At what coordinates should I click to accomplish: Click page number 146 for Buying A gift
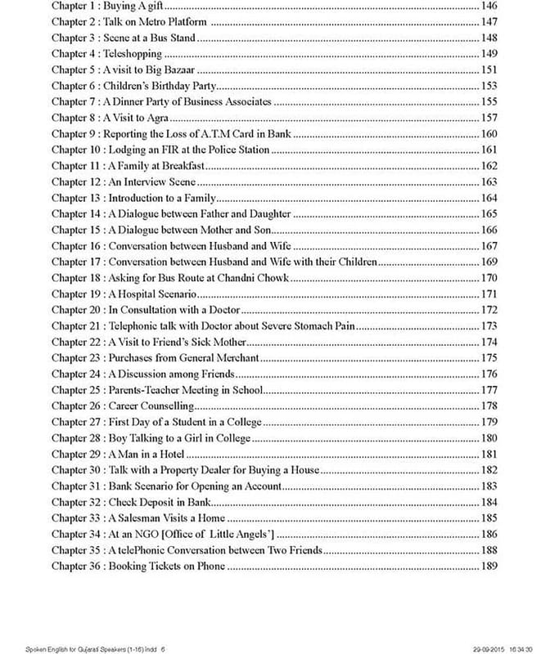click(x=489, y=6)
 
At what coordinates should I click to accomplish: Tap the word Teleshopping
click(x=137, y=53)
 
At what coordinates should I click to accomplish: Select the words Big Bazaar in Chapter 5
click(x=175, y=69)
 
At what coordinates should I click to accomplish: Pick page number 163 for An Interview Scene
click(x=489, y=181)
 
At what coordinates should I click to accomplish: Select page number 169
click(x=489, y=262)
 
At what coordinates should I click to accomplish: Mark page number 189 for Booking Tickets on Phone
click(x=489, y=566)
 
